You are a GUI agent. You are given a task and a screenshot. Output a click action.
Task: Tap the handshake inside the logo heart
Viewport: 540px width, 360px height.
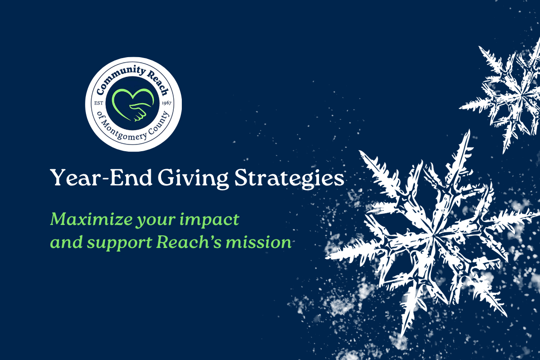coord(137,112)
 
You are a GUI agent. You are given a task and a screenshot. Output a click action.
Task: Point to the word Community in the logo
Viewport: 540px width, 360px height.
coord(118,77)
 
